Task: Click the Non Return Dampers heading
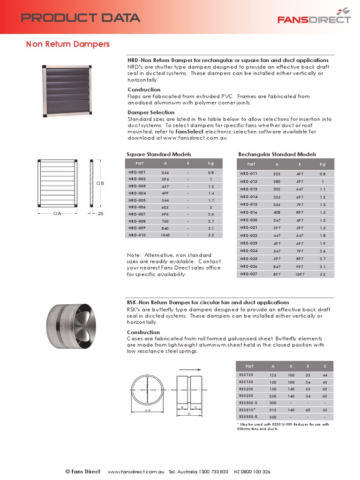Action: pos(67,44)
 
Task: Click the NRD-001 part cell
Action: pos(137,172)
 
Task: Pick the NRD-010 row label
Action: pos(137,235)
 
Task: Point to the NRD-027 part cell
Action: pos(249,274)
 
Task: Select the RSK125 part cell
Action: pos(246,375)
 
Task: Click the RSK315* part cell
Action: pos(247,409)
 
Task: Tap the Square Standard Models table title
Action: pos(159,154)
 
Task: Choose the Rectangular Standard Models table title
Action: pos(277,154)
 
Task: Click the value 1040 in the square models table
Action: pos(165,235)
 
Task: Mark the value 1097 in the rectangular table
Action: pos(300,274)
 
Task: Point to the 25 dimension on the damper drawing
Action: pos(101,213)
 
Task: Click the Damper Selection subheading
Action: pos(151,112)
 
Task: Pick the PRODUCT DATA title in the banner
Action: pos(81,18)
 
